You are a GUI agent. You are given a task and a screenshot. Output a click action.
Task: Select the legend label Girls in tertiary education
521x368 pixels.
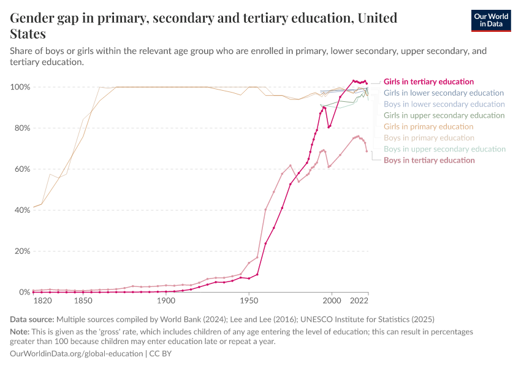click(428, 82)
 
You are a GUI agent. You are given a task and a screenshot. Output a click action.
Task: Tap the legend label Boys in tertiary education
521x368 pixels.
click(429, 160)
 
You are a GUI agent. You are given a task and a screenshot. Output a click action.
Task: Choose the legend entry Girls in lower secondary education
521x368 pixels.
click(444, 93)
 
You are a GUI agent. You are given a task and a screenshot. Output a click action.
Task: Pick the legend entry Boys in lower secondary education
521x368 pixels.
click(444, 104)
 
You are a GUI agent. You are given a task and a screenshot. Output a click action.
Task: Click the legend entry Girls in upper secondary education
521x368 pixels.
click(444, 115)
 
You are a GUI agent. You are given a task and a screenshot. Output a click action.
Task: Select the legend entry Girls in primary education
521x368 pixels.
click(428, 126)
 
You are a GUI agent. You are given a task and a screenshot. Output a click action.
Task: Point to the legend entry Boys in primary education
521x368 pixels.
click(428, 138)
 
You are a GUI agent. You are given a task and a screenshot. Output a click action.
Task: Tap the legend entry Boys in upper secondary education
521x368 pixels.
click(444, 149)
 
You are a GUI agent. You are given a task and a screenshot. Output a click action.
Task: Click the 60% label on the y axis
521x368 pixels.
click(22, 169)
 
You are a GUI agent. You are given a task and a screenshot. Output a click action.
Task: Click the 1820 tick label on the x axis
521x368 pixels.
click(42, 302)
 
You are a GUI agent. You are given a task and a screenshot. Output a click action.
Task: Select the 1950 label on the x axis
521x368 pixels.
click(248, 302)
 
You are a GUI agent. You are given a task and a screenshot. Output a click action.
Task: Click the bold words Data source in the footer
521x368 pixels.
click(32, 319)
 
